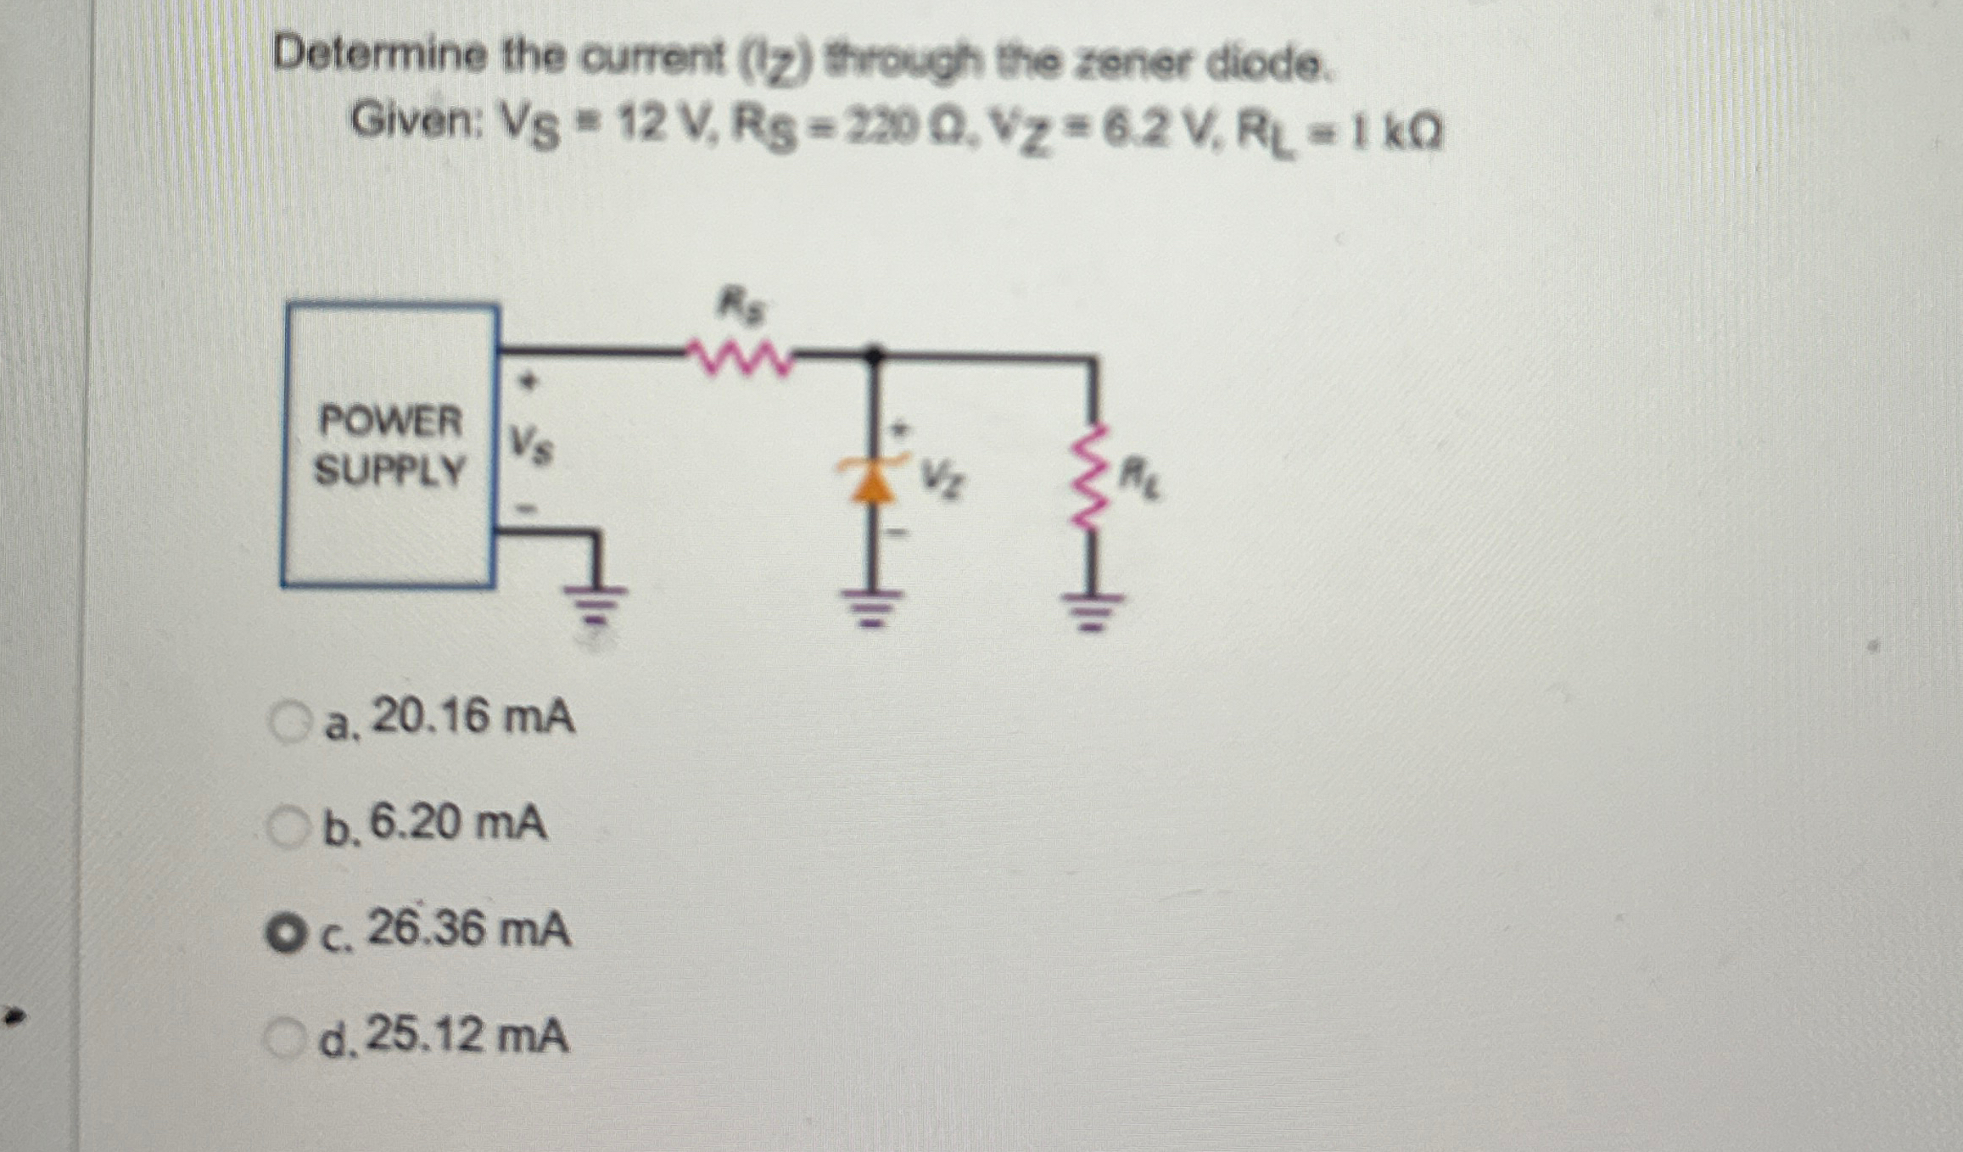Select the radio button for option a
[289, 723]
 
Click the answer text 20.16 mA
[473, 718]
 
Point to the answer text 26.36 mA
[468, 930]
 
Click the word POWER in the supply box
[390, 422]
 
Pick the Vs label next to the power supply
[530, 445]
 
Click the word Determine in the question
[379, 57]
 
